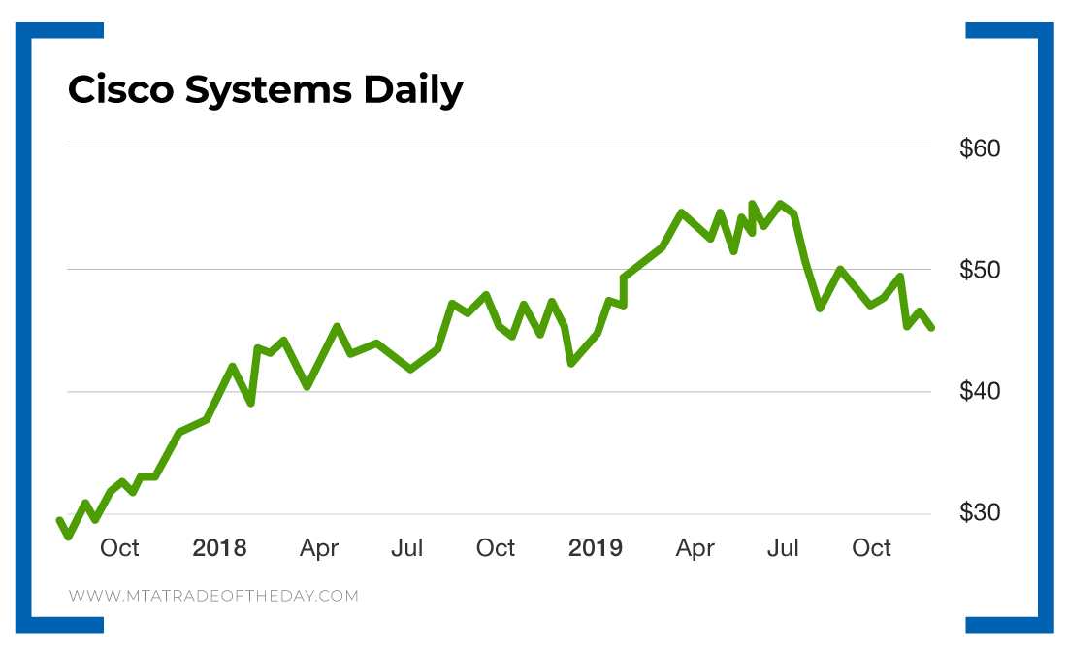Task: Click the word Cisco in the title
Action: point(119,90)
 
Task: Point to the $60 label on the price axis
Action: point(979,149)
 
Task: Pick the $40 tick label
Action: point(979,391)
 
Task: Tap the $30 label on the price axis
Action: point(979,512)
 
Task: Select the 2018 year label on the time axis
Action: point(219,548)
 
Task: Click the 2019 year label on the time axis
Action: point(595,548)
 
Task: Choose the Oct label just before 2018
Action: point(119,548)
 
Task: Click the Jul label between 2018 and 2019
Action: point(406,548)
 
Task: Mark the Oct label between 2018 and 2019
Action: point(495,548)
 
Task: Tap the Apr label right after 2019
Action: point(695,548)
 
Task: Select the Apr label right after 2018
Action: point(319,548)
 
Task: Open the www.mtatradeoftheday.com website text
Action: point(213,596)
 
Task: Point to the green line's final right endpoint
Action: point(931,328)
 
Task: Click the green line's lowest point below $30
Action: point(68,536)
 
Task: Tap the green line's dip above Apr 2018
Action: point(307,386)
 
